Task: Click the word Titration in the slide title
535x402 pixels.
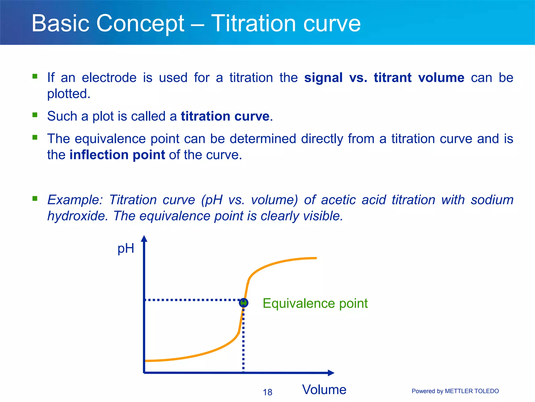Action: [x=253, y=24]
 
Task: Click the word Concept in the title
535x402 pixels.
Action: [x=140, y=24]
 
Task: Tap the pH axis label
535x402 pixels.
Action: [x=126, y=248]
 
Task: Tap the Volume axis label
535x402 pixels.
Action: [x=324, y=389]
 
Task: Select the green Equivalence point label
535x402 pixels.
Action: [x=315, y=303]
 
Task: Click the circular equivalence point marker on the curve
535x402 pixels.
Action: [x=243, y=303]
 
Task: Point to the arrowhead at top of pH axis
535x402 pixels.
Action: [x=144, y=238]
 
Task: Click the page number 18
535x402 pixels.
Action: [x=267, y=392]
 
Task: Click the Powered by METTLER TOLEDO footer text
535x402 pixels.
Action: [x=455, y=391]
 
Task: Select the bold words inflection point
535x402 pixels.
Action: [x=117, y=155]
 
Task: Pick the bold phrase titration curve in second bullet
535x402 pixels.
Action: [x=225, y=116]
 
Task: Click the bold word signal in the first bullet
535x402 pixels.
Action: [x=323, y=78]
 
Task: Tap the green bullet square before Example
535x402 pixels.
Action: [x=35, y=198]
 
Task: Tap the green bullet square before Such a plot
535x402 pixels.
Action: [x=35, y=115]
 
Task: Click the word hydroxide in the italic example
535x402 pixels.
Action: [x=77, y=216]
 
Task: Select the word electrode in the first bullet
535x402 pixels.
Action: [x=109, y=78]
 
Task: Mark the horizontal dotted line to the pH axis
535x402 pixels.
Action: [x=192, y=300]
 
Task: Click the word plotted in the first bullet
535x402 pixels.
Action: [x=68, y=94]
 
